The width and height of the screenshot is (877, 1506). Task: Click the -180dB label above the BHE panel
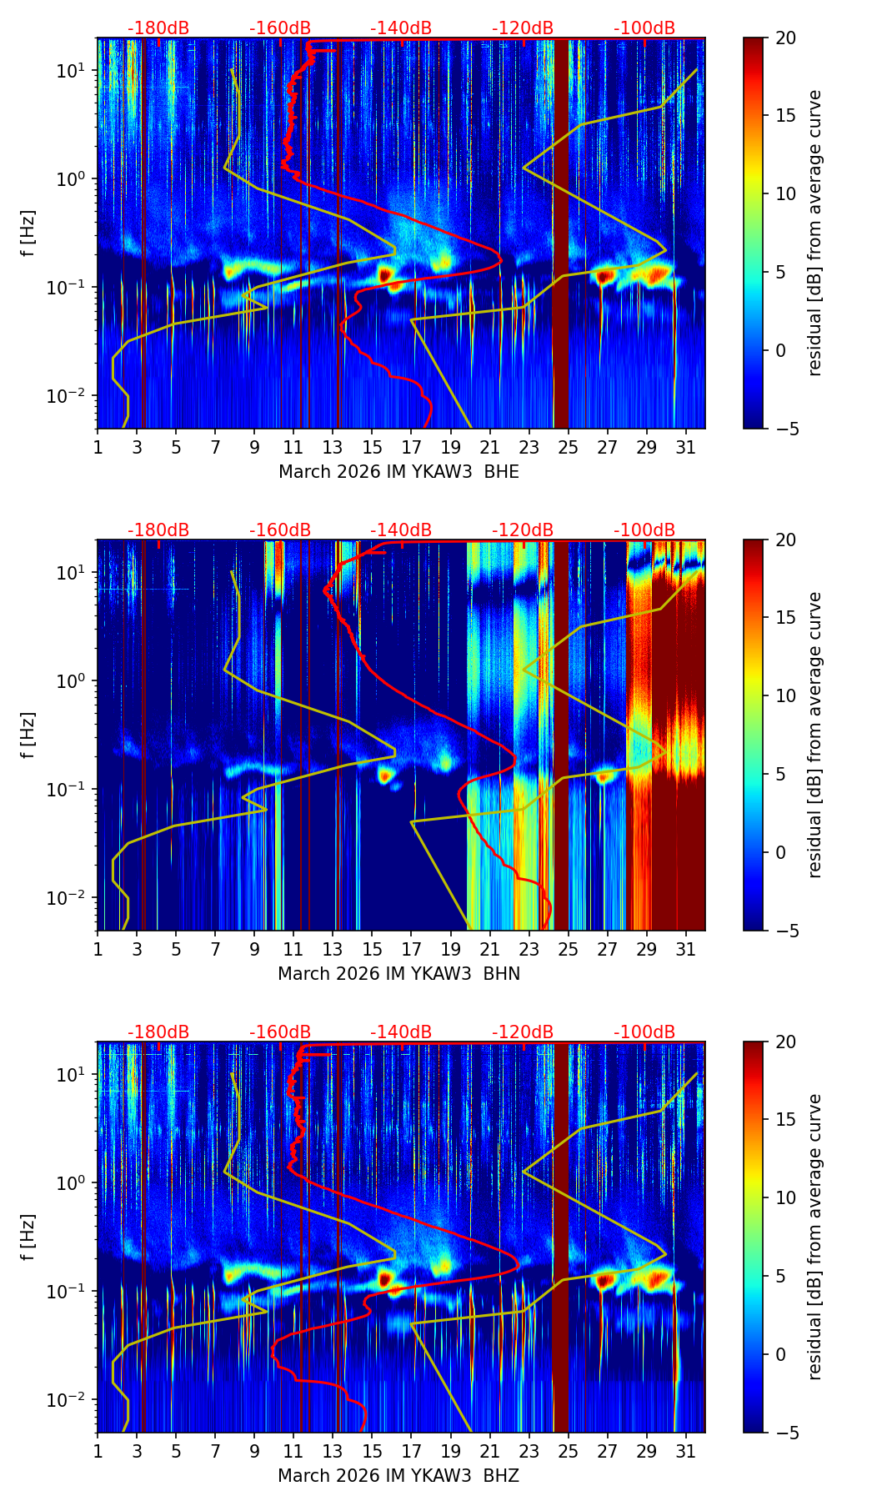click(158, 28)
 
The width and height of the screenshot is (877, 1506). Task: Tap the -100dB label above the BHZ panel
click(644, 1032)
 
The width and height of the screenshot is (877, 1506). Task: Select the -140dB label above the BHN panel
click(401, 530)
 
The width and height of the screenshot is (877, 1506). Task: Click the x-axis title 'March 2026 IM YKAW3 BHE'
click(398, 472)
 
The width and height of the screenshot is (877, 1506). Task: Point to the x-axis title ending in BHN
click(398, 974)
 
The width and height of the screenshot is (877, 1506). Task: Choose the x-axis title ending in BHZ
click(398, 1476)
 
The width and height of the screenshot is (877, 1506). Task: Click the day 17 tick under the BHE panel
click(412, 448)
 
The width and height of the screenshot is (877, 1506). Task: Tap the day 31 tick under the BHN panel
click(686, 950)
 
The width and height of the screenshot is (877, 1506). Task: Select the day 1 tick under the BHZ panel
click(98, 1452)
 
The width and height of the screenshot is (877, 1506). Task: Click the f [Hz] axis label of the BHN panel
click(28, 735)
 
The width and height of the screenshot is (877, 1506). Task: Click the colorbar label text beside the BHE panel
click(815, 233)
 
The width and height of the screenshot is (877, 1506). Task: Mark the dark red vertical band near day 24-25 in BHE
click(560, 233)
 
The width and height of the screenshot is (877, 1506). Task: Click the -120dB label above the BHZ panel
click(523, 1032)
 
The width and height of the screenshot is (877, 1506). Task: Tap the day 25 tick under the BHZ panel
click(569, 1452)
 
